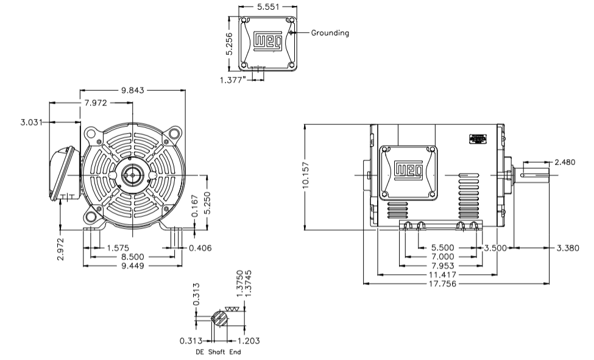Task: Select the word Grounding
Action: pyautogui.click(x=330, y=33)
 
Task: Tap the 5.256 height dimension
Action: pyautogui.click(x=229, y=42)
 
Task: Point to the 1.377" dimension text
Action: pyautogui.click(x=233, y=79)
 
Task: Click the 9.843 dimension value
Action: pyautogui.click(x=133, y=90)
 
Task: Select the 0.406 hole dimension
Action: pyautogui.click(x=200, y=248)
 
